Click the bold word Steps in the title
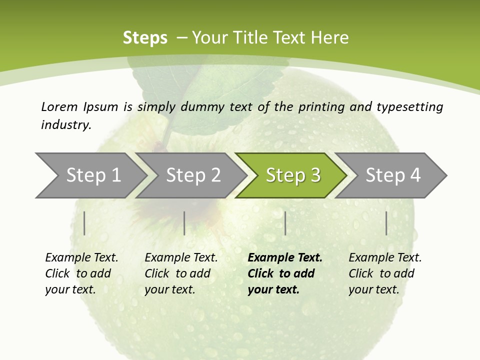(145, 37)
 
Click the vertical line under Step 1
(84, 223)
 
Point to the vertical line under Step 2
(184, 223)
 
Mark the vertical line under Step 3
(285, 223)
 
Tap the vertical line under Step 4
(386, 223)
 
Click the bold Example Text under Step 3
(285, 257)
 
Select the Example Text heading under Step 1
(81, 257)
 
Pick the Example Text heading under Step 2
(181, 257)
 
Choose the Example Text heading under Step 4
(385, 257)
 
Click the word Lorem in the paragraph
(59, 106)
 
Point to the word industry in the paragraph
(66, 124)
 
